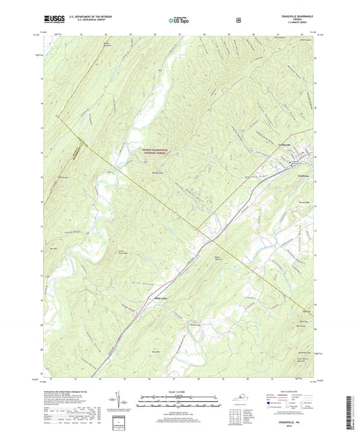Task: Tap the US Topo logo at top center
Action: pos(179,20)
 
